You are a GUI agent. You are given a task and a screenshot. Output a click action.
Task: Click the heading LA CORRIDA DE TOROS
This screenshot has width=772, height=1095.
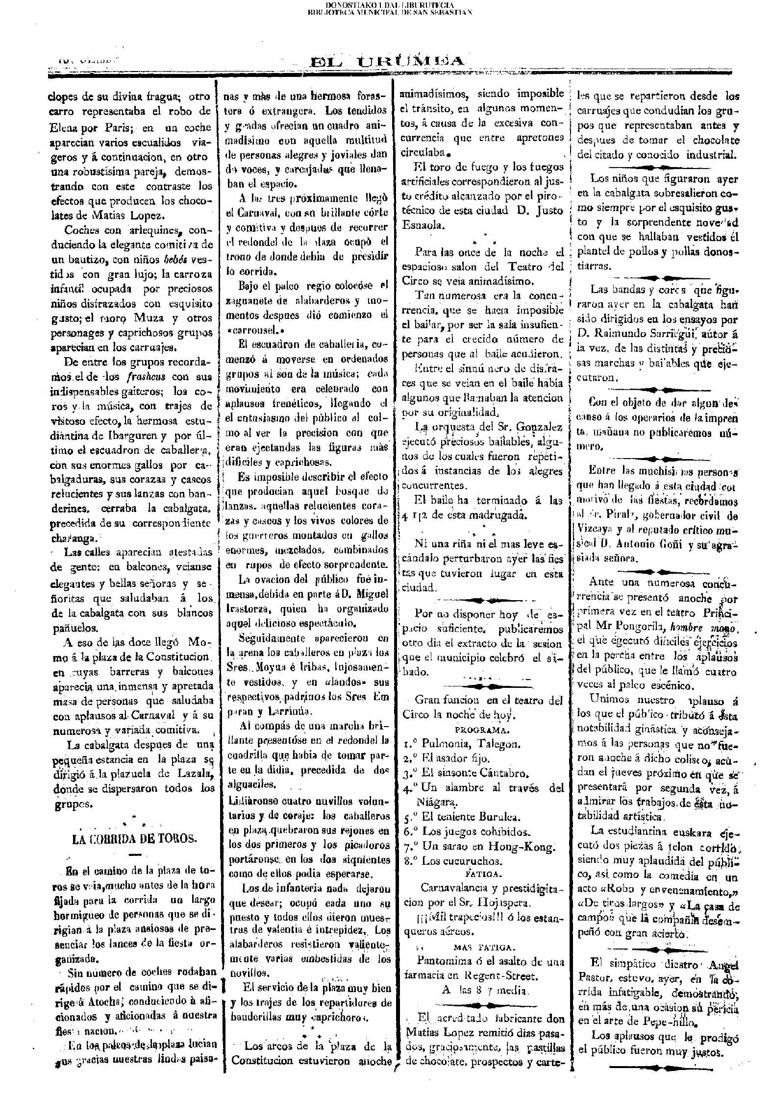134,838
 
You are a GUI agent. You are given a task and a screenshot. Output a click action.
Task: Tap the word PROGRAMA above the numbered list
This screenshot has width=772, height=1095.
482,730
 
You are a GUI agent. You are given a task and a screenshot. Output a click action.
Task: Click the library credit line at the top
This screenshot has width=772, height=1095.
385,8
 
